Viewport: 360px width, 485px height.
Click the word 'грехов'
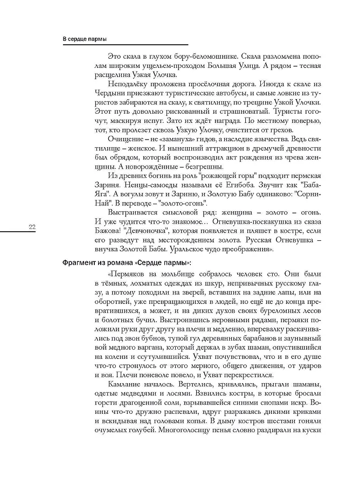pyautogui.click(x=281, y=130)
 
